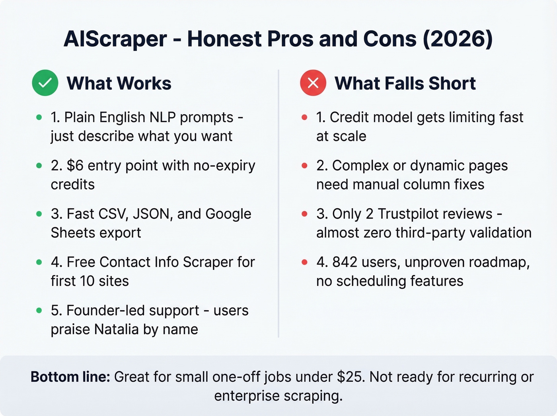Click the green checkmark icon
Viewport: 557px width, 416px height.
[45, 83]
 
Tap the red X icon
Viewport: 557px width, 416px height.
[313, 83]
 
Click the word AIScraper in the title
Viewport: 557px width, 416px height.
[115, 39]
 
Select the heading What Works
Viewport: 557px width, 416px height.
[119, 84]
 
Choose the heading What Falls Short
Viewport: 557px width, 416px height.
[405, 84]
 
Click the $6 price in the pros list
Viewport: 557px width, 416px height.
[75, 166]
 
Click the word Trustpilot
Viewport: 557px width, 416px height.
[435, 214]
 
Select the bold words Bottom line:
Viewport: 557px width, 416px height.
[70, 377]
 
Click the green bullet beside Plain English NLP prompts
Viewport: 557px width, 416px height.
[39, 117]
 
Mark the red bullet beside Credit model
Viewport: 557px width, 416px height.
[304, 117]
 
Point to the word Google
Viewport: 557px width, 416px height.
[228, 214]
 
